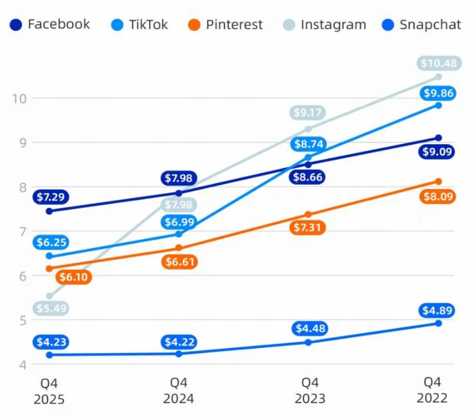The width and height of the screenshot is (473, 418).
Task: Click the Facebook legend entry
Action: tap(49, 24)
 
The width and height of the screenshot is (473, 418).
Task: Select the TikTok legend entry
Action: tap(139, 24)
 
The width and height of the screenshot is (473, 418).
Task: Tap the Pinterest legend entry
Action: tap(225, 24)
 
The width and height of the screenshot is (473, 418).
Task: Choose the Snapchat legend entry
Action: tap(422, 24)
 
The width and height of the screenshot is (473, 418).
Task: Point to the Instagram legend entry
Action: tap(325, 24)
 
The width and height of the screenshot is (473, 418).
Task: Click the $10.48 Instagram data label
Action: tap(439, 64)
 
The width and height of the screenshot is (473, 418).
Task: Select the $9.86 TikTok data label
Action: tap(438, 93)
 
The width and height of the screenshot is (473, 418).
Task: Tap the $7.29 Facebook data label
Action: tap(51, 197)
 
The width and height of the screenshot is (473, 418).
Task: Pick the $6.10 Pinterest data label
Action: tap(74, 277)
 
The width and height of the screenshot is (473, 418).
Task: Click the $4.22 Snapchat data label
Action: tap(179, 342)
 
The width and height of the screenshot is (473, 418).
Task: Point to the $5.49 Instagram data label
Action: tap(51, 309)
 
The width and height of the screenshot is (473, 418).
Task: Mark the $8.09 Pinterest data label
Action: tap(438, 197)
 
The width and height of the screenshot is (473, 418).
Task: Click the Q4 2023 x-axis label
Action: tap(310, 391)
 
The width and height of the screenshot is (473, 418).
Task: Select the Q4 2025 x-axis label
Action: tap(49, 392)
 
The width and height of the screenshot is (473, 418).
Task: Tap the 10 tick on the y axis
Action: tap(19, 98)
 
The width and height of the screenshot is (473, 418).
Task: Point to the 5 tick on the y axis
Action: tap(23, 320)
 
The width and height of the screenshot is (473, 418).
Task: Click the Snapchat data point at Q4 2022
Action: tap(438, 323)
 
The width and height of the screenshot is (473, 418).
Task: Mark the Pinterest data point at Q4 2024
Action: tap(179, 248)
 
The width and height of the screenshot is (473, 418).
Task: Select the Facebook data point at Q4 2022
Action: tap(438, 138)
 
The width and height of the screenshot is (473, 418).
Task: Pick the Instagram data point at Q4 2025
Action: tap(49, 296)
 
